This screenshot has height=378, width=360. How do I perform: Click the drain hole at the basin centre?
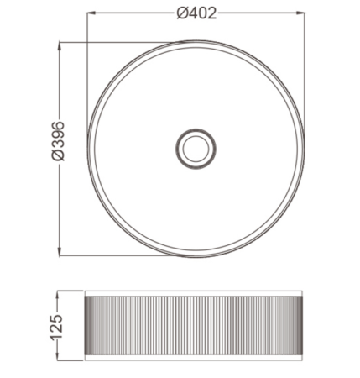pyautogui.click(x=196, y=149)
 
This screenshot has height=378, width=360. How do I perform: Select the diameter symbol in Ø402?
pyautogui.click(x=182, y=13)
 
